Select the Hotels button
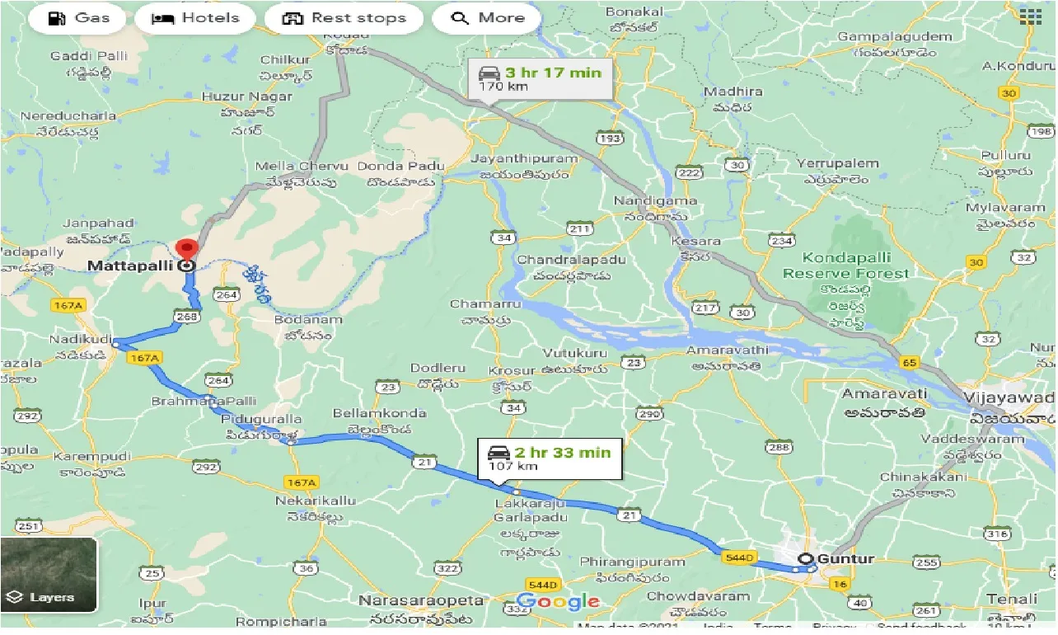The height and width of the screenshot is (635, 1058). (195, 18)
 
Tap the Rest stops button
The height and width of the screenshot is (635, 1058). (345, 18)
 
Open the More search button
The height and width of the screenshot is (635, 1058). (486, 18)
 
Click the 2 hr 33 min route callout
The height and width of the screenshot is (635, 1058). (550, 459)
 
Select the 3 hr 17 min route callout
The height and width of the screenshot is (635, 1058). (540, 78)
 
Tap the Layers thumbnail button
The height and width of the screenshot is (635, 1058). (49, 576)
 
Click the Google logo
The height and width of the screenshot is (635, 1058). (559, 601)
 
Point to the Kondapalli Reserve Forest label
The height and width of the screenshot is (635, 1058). (845, 266)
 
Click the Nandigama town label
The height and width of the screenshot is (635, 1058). (656, 201)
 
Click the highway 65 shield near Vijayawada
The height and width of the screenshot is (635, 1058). (910, 362)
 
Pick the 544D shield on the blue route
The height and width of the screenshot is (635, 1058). (738, 558)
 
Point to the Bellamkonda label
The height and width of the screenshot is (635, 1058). (379, 413)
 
